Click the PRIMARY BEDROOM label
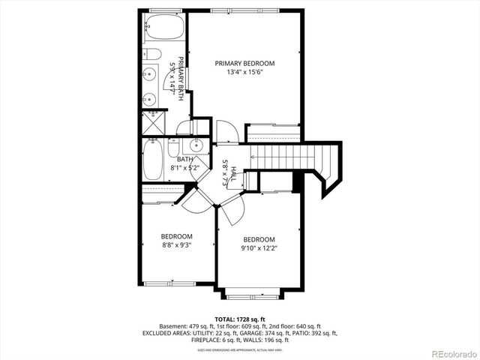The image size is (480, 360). coord(244,63)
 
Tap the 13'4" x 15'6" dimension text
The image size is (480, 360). coord(244,73)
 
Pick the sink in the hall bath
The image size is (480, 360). coord(198,145)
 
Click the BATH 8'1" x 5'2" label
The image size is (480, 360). coord(185,163)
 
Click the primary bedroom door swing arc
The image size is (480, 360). coord(226,133)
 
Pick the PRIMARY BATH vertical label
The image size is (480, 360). coord(176,77)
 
